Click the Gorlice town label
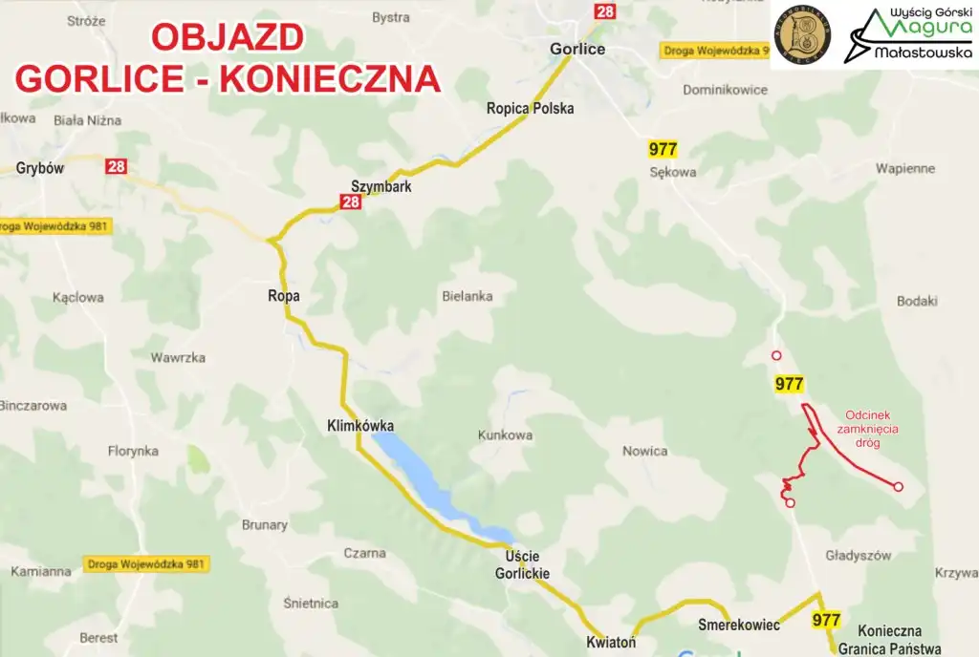[577, 49]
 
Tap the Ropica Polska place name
[530, 108]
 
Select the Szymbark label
[381, 186]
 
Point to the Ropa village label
[284, 296]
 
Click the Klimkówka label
[359, 426]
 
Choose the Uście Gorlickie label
[522, 564]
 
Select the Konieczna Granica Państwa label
[889, 639]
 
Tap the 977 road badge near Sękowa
[663, 149]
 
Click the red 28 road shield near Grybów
[116, 167]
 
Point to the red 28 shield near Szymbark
[350, 201]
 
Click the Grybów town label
[39, 169]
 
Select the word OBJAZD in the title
[228, 37]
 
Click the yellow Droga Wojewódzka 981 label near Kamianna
[145, 563]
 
